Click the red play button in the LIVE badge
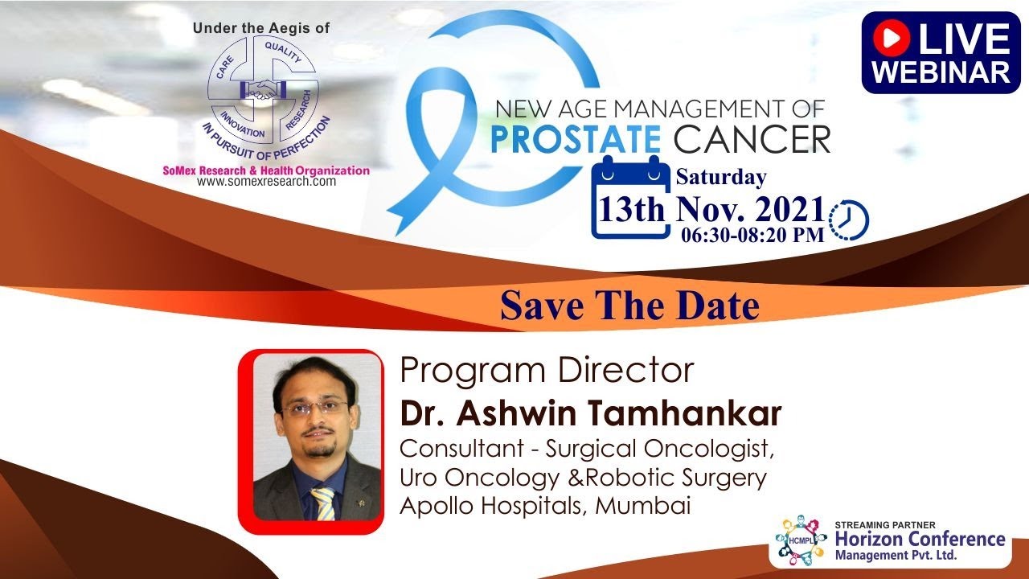click(x=892, y=39)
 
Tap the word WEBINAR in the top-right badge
click(x=941, y=72)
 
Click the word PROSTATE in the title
click(x=576, y=139)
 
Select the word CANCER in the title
click(x=752, y=139)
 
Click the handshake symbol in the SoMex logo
click(x=262, y=89)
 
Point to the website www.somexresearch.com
click(x=266, y=182)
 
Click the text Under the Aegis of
click(x=261, y=28)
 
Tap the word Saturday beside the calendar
click(x=721, y=178)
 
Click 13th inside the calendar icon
click(x=631, y=210)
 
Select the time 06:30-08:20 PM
click(x=752, y=235)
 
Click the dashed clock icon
click(x=848, y=220)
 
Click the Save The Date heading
click(x=629, y=306)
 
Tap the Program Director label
click(x=547, y=371)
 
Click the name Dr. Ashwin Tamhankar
click(x=591, y=413)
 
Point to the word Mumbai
click(x=643, y=506)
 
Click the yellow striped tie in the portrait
click(x=323, y=503)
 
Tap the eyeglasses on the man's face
click(x=314, y=407)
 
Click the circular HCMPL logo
click(x=800, y=540)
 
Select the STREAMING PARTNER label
click(x=885, y=525)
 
